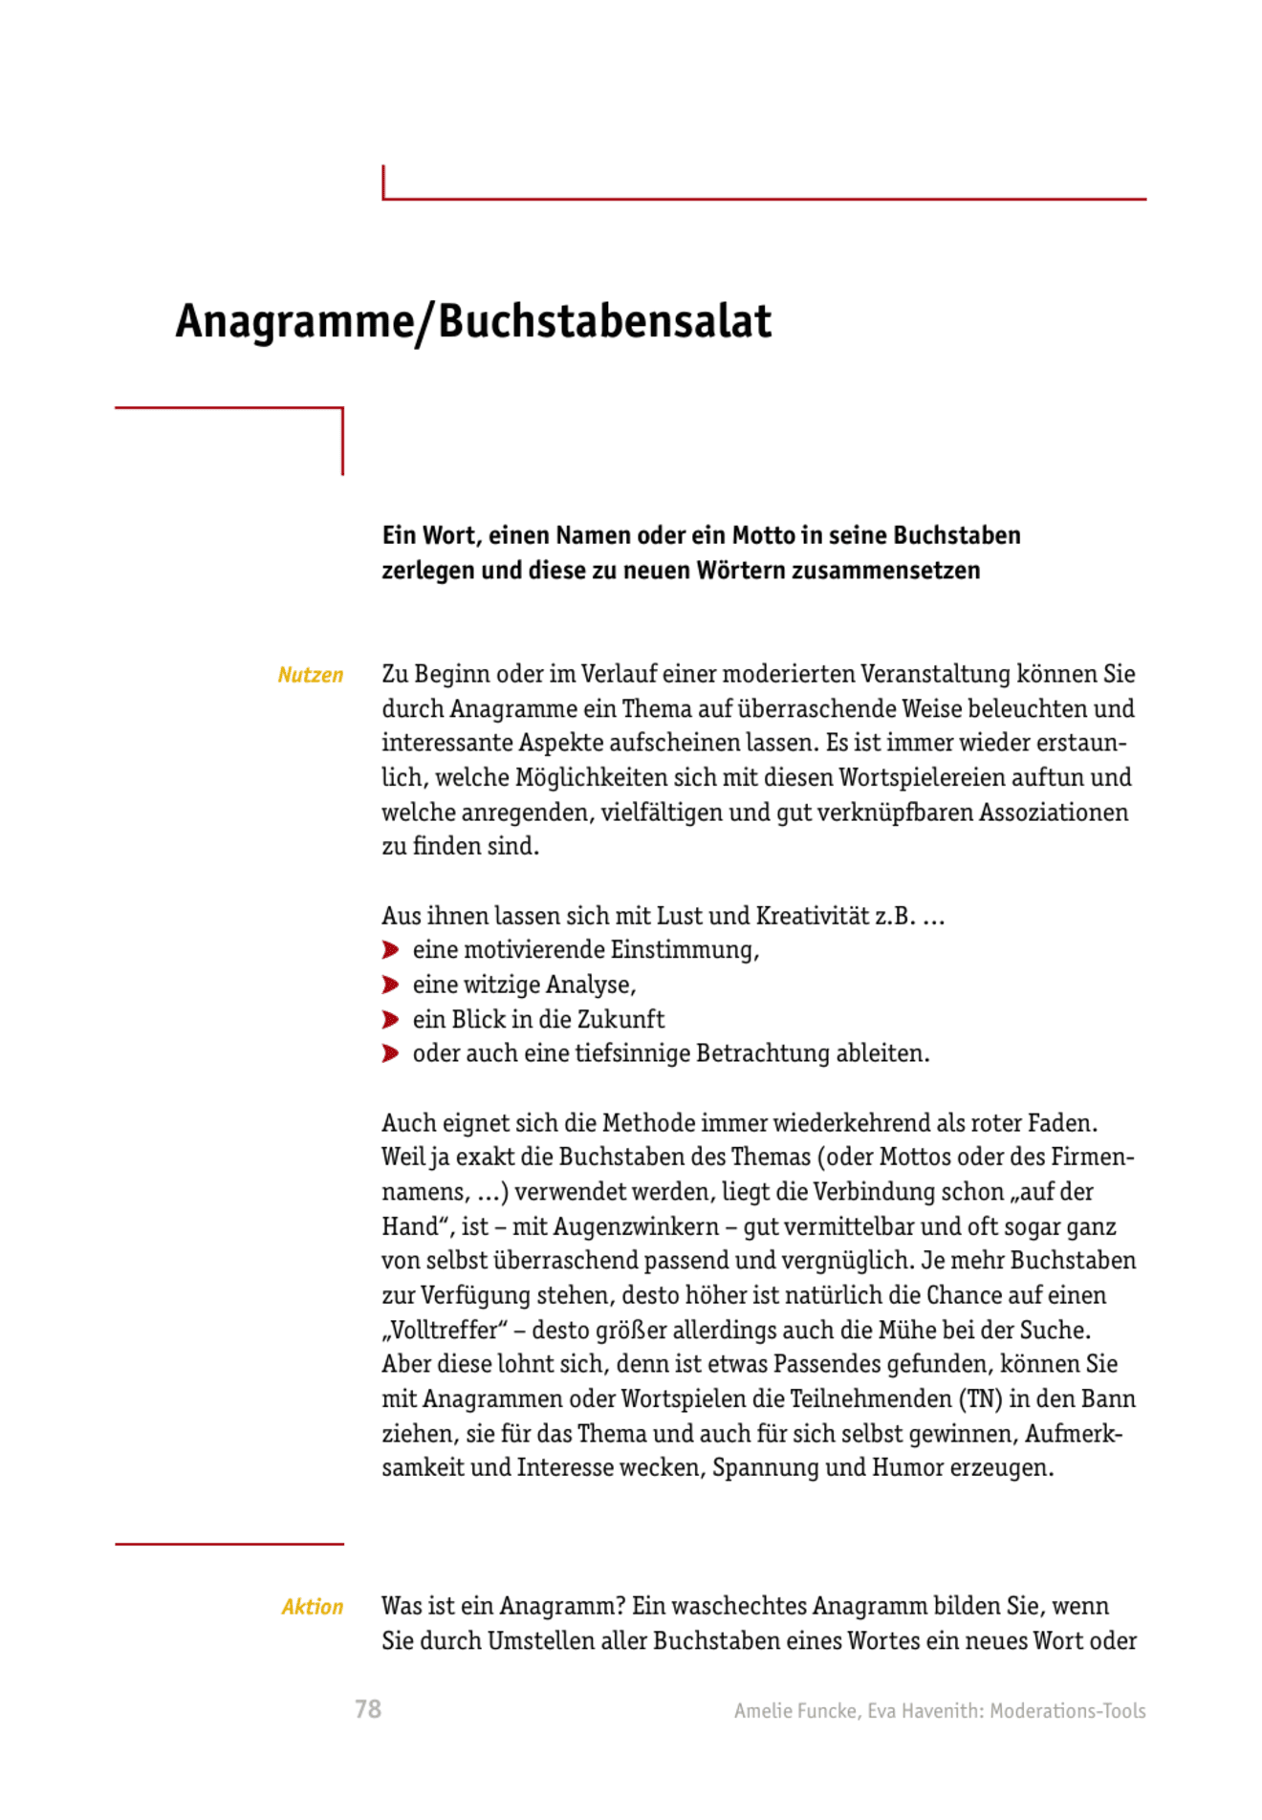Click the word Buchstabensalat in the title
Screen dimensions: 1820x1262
[604, 321]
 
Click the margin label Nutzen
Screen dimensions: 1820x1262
[310, 675]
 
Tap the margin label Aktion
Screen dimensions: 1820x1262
[312, 1607]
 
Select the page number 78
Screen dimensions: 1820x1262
[368, 1709]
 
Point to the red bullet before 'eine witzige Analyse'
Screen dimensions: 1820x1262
[390, 985]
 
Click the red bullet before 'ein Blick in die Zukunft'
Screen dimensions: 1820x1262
[390, 1019]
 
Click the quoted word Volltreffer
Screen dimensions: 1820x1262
[445, 1330]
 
